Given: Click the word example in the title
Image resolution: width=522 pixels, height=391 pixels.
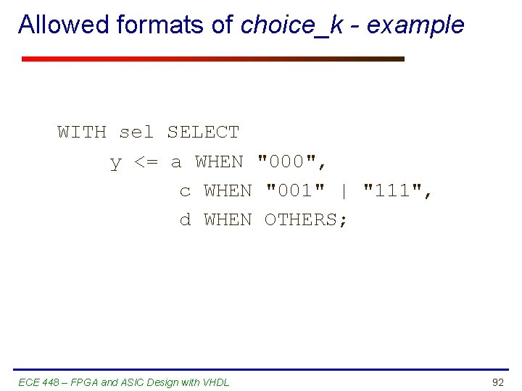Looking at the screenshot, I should [415, 25].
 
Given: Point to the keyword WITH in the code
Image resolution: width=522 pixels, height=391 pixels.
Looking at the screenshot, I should [82, 133].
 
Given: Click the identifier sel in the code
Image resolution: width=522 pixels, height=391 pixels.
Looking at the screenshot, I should [136, 133].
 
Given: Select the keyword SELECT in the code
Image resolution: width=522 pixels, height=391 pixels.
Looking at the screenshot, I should [203, 133].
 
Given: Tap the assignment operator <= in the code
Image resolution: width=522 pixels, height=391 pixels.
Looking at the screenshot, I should [146, 162].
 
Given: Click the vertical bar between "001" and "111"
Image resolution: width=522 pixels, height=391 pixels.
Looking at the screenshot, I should [344, 190].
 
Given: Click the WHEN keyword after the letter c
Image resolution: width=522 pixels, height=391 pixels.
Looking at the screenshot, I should [228, 190].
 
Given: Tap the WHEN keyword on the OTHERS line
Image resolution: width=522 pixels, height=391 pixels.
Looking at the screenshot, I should [228, 219].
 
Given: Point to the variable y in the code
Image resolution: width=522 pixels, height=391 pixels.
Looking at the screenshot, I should [115, 163].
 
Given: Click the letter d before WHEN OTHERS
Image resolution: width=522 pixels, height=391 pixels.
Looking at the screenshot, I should [186, 219].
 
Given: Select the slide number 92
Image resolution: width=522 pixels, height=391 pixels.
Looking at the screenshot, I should [497, 382].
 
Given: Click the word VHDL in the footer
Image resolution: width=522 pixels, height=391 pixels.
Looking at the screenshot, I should [216, 382].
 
